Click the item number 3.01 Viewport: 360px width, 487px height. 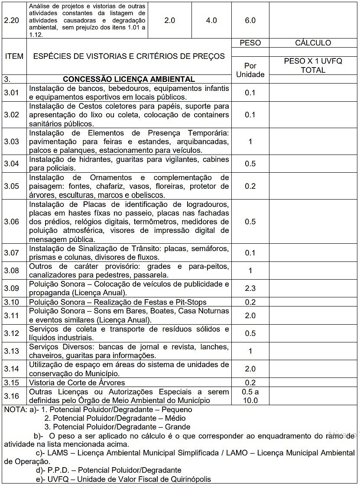click(x=12, y=93)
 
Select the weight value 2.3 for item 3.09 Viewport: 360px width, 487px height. click(x=250, y=288)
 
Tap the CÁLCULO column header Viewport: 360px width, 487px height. click(x=313, y=43)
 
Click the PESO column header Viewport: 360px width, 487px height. click(x=250, y=43)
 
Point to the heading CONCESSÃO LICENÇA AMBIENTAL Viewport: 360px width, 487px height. click(x=129, y=79)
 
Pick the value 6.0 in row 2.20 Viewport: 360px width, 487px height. click(x=250, y=20)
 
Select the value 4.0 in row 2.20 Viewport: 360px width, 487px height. click(x=211, y=20)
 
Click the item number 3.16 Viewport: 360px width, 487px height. click(x=12, y=396)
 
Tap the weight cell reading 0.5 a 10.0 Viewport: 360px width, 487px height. click(x=250, y=396)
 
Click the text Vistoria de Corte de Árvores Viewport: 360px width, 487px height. click(x=77, y=383)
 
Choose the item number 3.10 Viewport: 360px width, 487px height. click(x=12, y=302)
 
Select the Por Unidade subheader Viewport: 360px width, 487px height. click(x=250, y=70)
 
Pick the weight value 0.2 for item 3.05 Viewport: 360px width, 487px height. click(x=250, y=186)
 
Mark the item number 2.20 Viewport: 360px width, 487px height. click(x=12, y=20)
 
